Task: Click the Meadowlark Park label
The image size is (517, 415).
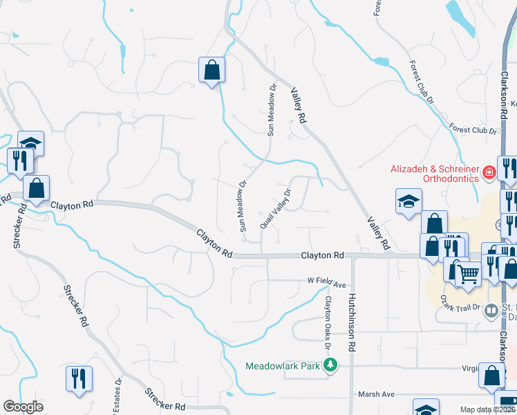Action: pos(285,365)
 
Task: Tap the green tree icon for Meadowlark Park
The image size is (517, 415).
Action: pos(332,365)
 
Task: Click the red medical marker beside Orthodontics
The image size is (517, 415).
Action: pos(489,171)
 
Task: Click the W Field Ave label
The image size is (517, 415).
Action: pos(326,282)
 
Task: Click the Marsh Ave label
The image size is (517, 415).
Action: pos(376,394)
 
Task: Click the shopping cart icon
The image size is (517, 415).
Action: pos(468,275)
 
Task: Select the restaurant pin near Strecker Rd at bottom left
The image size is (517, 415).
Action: pos(79,378)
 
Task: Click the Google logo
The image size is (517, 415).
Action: pos(23,407)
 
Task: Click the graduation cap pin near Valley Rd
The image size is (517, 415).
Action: pos(408,201)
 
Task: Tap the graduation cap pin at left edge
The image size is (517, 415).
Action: pos(30,143)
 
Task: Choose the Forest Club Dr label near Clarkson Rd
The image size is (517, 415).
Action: pos(473,129)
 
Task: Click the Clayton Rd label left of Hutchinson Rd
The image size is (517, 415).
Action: pos(322,255)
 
